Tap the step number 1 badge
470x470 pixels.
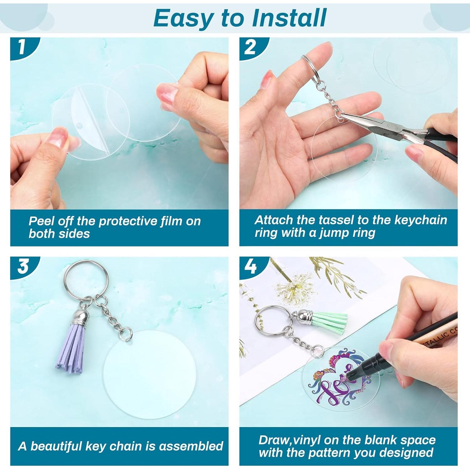tap(21, 47)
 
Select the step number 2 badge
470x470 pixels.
tap(250, 47)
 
